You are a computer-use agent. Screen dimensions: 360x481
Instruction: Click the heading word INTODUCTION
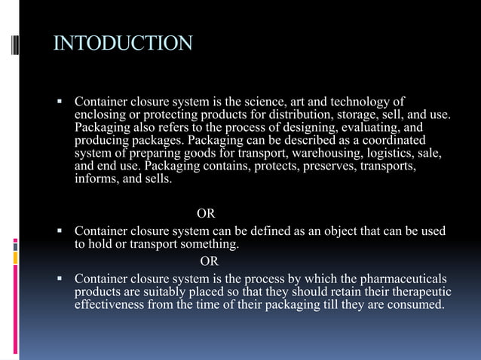click(x=123, y=42)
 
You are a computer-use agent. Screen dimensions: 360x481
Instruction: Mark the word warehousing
click(x=304, y=154)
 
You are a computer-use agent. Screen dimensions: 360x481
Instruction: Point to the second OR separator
click(x=210, y=261)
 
